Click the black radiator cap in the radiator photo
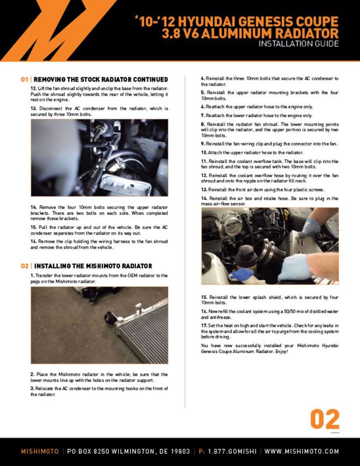pyautogui.click(x=111, y=319)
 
